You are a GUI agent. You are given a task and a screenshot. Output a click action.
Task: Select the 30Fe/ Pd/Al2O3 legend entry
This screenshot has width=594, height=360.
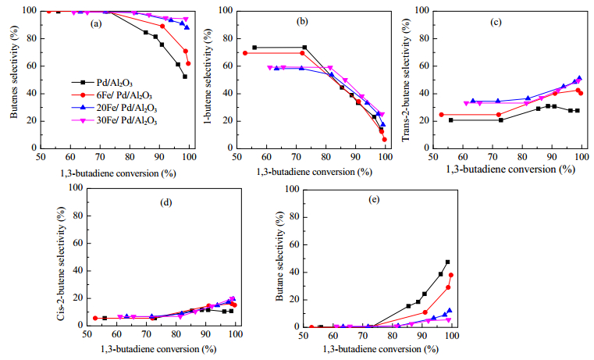115,121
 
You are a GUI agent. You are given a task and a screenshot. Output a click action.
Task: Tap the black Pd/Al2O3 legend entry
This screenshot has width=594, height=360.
102,83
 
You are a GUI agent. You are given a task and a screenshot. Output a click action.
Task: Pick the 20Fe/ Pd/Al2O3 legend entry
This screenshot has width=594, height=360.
115,108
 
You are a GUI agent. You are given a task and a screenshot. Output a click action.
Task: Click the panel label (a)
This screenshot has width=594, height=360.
96,24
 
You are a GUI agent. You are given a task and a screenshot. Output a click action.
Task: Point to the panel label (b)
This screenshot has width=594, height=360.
302,22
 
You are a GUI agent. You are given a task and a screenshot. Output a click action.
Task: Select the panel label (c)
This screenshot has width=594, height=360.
496,23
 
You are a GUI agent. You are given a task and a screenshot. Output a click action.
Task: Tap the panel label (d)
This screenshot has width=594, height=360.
166,203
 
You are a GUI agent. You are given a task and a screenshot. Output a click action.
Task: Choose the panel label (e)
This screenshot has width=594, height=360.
374,200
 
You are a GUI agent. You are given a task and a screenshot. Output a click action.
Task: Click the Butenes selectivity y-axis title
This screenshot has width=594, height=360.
14,72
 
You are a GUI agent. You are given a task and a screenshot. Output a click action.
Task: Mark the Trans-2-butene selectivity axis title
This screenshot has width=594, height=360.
406,80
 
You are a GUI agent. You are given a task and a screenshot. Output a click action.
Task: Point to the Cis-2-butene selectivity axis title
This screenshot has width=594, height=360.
62,263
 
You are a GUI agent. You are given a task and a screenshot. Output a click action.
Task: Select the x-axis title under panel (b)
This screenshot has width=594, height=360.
315,172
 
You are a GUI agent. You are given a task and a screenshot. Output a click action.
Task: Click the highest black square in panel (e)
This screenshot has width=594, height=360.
447,262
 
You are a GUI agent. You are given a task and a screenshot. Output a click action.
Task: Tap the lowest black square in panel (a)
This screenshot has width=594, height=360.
185,77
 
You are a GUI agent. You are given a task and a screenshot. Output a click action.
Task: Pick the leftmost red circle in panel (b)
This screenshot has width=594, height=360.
245,53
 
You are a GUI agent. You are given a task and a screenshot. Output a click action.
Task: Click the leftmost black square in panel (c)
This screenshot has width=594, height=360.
451,120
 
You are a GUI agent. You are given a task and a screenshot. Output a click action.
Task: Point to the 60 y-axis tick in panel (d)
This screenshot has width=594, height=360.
77,244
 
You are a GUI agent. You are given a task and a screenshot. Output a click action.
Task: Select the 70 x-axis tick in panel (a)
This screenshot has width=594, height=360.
100,156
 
